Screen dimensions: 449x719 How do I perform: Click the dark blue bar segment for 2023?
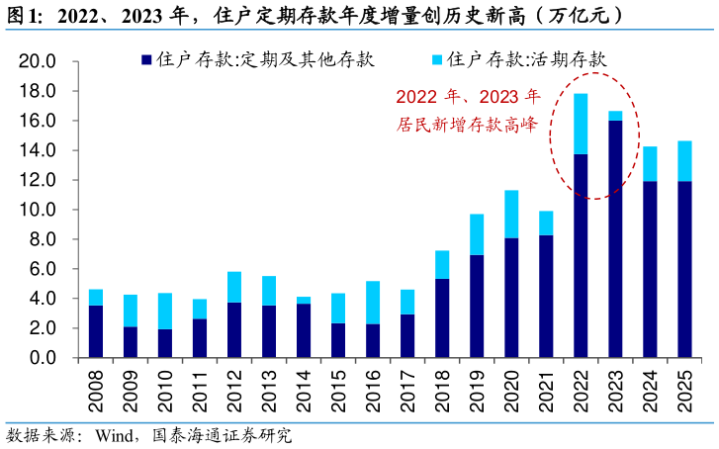click(615, 238)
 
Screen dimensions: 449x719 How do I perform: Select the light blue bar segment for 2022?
click(581, 124)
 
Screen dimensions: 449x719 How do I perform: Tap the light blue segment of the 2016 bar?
click(372, 303)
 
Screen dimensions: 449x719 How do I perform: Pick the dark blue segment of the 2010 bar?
click(164, 343)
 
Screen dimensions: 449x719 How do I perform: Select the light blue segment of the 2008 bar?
click(96, 298)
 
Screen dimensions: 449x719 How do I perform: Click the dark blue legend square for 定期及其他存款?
click(146, 60)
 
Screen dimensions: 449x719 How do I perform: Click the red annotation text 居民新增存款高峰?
click(467, 126)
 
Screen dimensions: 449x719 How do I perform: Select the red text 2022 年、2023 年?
click(468, 98)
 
